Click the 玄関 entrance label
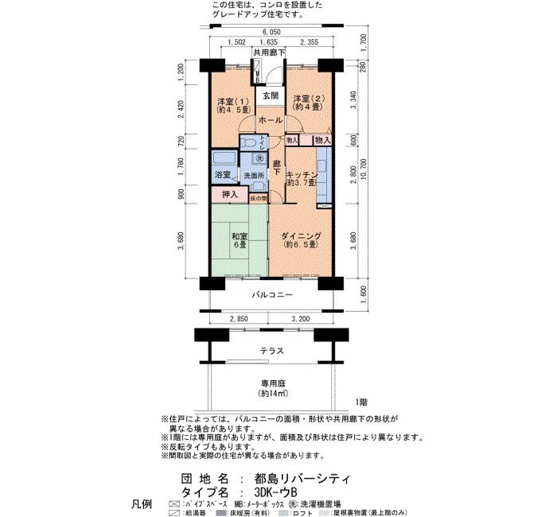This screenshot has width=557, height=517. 271,95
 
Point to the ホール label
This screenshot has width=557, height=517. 271,119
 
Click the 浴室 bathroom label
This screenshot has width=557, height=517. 223,175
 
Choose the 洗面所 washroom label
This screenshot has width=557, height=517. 253,175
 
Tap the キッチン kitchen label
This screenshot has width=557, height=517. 302,175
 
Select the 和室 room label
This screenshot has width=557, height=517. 239,237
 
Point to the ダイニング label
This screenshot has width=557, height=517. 300,236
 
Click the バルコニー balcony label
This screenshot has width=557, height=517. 272,295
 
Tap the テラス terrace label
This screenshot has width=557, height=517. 273,351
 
